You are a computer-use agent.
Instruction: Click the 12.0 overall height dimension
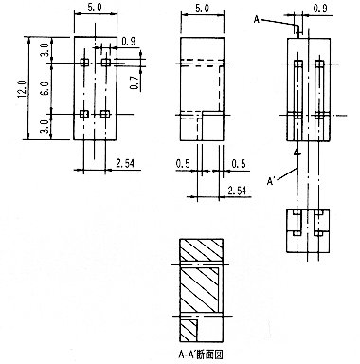coord(22,89)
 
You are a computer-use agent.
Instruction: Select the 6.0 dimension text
coord(45,88)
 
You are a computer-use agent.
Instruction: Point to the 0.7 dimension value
coord(136,82)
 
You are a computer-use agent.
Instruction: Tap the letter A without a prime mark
coord(257,20)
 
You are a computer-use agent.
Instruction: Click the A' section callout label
coord(271,181)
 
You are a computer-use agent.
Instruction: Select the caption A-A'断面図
coord(201,355)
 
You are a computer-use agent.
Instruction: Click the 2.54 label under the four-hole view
coord(125,163)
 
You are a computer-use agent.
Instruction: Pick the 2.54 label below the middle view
coord(237,191)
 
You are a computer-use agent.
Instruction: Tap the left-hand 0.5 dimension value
coord(183,164)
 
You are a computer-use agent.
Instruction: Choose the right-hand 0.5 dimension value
coord(239,164)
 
